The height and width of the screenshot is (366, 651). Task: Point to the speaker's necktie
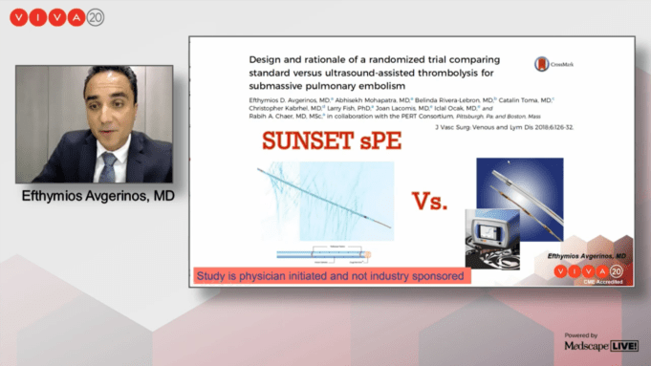[108, 165]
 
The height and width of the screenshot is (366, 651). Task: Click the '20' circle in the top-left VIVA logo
[95, 17]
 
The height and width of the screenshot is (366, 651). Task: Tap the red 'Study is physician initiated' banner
[331, 276]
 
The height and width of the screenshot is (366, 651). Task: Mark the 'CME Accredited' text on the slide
[602, 282]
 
